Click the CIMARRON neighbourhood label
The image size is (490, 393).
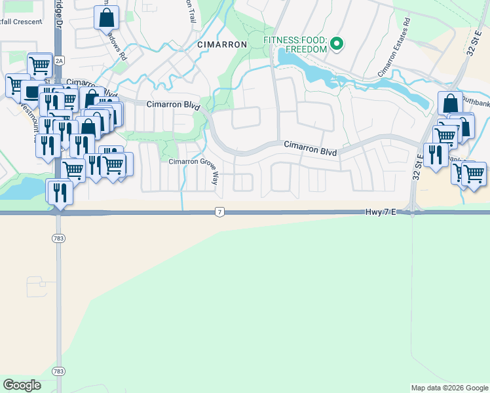[222, 45]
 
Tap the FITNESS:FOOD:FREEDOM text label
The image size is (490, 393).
[295, 45]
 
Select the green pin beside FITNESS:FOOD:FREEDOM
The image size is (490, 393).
[337, 45]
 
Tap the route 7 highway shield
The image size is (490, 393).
[219, 212]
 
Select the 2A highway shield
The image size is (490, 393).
[59, 61]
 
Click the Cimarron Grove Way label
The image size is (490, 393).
[193, 162]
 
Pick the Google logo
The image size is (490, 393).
[22, 384]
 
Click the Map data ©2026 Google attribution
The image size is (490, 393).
[449, 388]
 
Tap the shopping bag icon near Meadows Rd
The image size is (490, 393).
[106, 18]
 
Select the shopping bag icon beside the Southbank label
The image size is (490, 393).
[450, 103]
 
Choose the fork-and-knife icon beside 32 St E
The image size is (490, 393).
[436, 155]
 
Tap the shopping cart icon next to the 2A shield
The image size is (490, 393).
[40, 65]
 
